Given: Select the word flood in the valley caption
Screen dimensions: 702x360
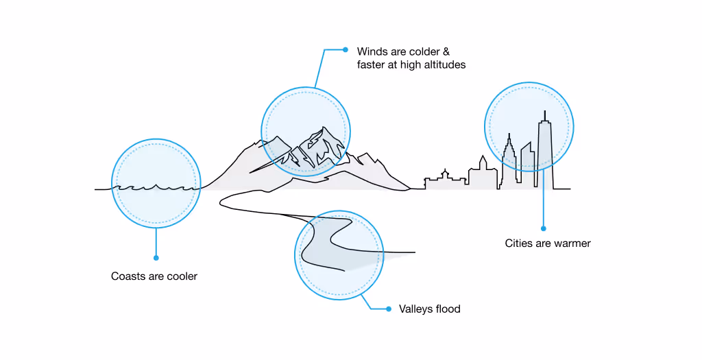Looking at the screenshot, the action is click(448, 309).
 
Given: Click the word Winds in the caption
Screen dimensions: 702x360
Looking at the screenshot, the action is click(372, 51).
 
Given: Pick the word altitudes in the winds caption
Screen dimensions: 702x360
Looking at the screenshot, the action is click(444, 65).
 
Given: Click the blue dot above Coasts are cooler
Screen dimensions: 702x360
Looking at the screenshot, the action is click(156, 258).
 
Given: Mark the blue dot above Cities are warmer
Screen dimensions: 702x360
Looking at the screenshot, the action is click(544, 228).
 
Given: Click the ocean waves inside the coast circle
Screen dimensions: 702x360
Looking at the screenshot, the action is click(156, 187).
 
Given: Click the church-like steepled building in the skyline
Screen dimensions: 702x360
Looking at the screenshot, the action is click(482, 171).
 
